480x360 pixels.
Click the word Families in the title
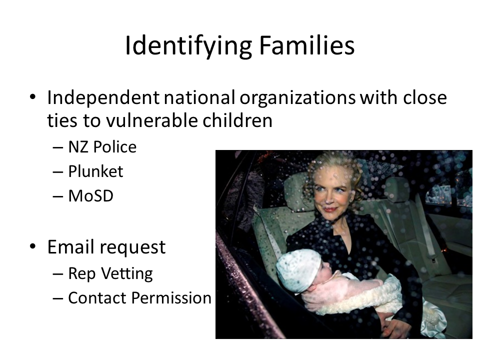pyautogui.click(x=306, y=46)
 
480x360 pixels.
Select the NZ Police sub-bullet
pyautogui.click(x=102, y=147)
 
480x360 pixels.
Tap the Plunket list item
pyautogui.click(x=95, y=171)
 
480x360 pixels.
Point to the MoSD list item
pyautogui.click(x=90, y=196)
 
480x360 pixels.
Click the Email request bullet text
pyautogui.click(x=106, y=247)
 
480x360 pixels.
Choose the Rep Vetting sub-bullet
pyautogui.click(x=110, y=273)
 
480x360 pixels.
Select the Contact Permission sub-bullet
pyautogui.click(x=139, y=298)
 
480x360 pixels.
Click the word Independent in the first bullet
pyautogui.click(x=103, y=97)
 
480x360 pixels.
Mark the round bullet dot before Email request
pyautogui.click(x=33, y=247)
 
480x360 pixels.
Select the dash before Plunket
pyautogui.click(x=57, y=172)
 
